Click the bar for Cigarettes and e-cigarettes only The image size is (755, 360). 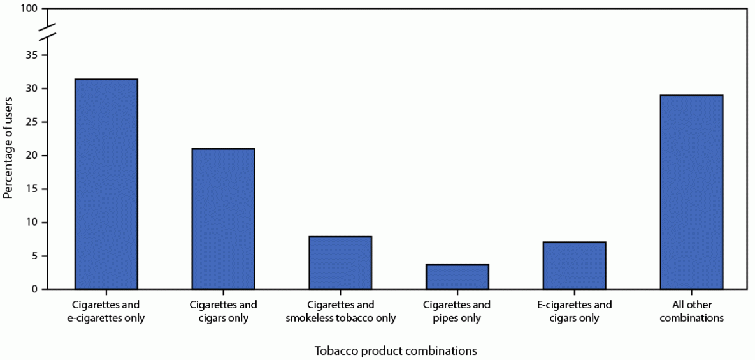(106, 184)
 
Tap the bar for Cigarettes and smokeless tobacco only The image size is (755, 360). (340, 263)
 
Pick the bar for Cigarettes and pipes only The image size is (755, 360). (457, 277)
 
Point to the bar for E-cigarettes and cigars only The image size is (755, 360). (574, 266)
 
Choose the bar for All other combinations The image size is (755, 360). (691, 192)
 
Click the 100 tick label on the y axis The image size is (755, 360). (30, 9)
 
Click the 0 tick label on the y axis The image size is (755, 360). (35, 289)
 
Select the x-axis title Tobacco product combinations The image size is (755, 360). (395, 350)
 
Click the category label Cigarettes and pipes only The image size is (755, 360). (457, 312)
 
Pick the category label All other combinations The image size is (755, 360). (691, 312)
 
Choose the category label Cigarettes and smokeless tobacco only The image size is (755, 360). (340, 312)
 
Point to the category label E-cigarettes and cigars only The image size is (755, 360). (574, 312)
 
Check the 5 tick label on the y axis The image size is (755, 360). (35, 256)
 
